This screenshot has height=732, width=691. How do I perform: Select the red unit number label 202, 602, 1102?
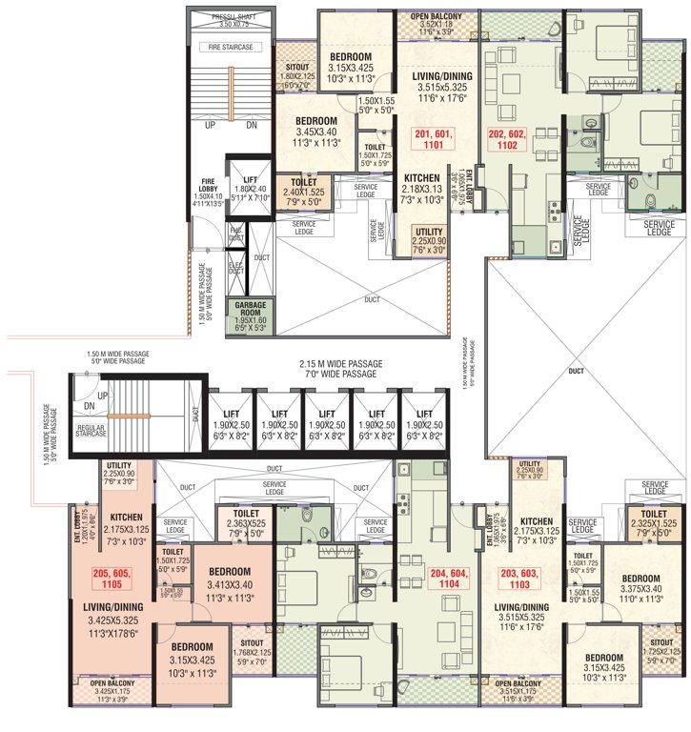(506, 140)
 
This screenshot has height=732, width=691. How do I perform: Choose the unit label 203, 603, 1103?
(520, 579)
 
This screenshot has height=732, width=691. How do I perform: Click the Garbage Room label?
(245, 314)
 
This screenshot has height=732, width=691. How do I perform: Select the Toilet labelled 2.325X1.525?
(653, 525)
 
